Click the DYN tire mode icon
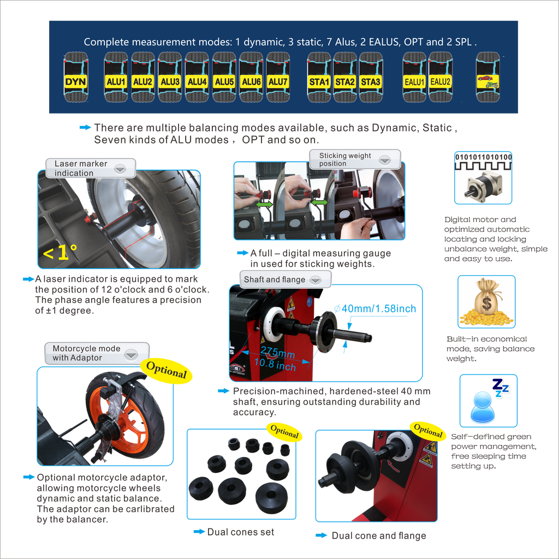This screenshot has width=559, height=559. click(76, 77)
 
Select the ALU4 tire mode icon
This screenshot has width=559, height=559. click(197, 77)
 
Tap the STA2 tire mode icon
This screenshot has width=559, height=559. click(345, 77)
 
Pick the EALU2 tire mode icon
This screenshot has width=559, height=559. click(441, 77)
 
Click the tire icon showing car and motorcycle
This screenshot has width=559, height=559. click(488, 77)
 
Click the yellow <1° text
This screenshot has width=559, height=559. click(60, 252)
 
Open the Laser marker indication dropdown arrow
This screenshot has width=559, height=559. click(120, 169)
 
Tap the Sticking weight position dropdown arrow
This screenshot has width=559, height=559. click(385, 160)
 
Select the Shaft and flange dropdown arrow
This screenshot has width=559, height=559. click(316, 280)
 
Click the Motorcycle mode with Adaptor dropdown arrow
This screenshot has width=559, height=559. click(131, 354)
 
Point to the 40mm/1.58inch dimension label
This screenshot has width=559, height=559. click(375, 308)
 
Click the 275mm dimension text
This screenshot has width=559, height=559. click(278, 352)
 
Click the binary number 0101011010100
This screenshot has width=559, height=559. click(484, 157)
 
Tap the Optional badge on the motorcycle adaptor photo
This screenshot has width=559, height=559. click(166, 371)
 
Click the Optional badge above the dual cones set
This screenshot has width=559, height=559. click(284, 431)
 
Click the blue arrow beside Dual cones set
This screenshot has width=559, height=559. click(199, 532)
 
